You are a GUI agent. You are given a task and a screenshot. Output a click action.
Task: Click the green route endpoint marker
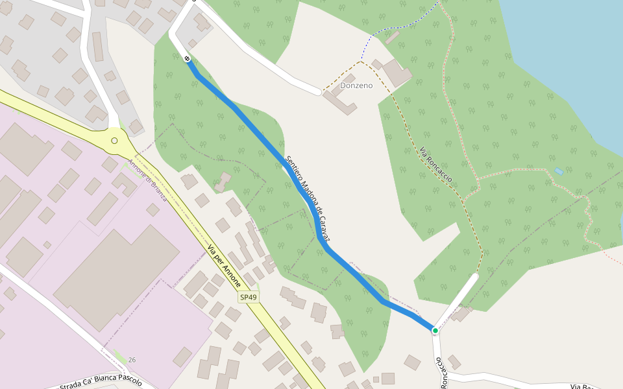(435, 331)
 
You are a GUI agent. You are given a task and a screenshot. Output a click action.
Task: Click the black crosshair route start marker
(188, 59)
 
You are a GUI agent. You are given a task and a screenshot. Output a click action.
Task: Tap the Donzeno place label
(356, 86)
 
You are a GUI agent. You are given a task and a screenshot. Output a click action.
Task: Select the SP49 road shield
(248, 298)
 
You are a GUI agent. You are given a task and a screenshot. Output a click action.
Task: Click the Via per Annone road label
(224, 266)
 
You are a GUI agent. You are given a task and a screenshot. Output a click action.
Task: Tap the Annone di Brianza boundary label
(147, 180)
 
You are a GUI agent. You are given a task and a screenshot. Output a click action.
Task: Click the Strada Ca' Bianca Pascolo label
(101, 382)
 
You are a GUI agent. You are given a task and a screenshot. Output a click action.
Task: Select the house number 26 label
(132, 360)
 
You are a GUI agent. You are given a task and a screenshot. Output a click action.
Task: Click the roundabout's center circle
(114, 141)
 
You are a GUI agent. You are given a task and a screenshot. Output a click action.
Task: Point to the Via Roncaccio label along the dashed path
(435, 165)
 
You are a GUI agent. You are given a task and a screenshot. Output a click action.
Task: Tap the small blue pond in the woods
(559, 172)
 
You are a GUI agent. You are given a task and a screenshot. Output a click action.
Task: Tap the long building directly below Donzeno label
(339, 102)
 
